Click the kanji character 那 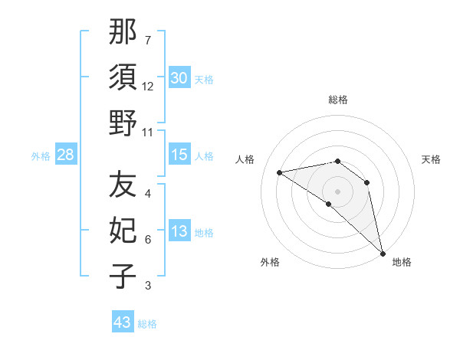(123, 33)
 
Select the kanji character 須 (123, 77)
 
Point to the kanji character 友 (123, 185)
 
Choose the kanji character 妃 (123, 231)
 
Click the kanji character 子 (123, 276)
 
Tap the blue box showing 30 (179, 77)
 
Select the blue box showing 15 (179, 155)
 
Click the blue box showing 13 (179, 231)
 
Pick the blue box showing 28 (66, 155)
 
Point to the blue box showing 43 (123, 322)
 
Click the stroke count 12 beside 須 (148, 87)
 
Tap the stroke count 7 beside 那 (148, 41)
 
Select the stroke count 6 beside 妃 (148, 240)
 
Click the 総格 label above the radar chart (337, 100)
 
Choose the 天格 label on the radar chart (431, 159)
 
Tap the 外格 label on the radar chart (269, 262)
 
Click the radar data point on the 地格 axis (382, 252)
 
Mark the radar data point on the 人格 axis (280, 172)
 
